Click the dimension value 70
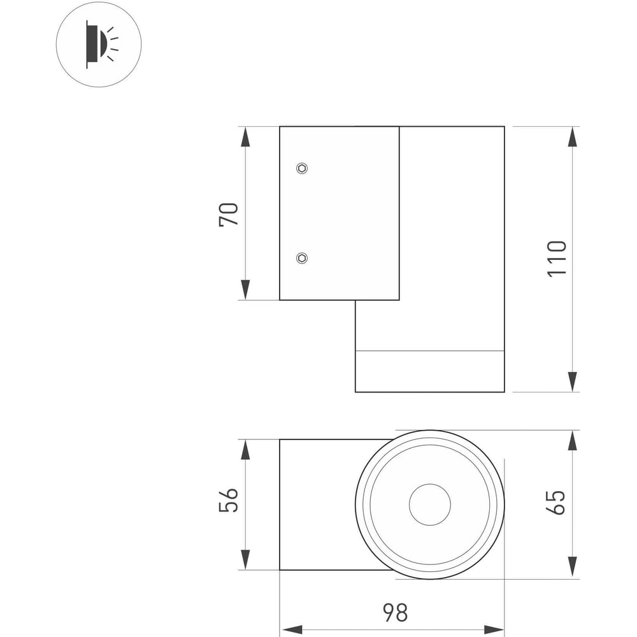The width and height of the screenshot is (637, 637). (229, 214)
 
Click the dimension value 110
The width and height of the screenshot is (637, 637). (557, 259)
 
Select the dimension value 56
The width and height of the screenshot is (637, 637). (229, 499)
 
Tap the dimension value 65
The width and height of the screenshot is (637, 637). (557, 503)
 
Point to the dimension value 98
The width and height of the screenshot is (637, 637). (396, 612)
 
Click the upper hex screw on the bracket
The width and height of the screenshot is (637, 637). (302, 168)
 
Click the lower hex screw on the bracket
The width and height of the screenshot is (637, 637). (302, 257)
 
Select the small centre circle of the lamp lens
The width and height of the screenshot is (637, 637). (430, 505)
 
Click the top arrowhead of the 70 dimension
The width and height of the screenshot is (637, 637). (245, 137)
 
